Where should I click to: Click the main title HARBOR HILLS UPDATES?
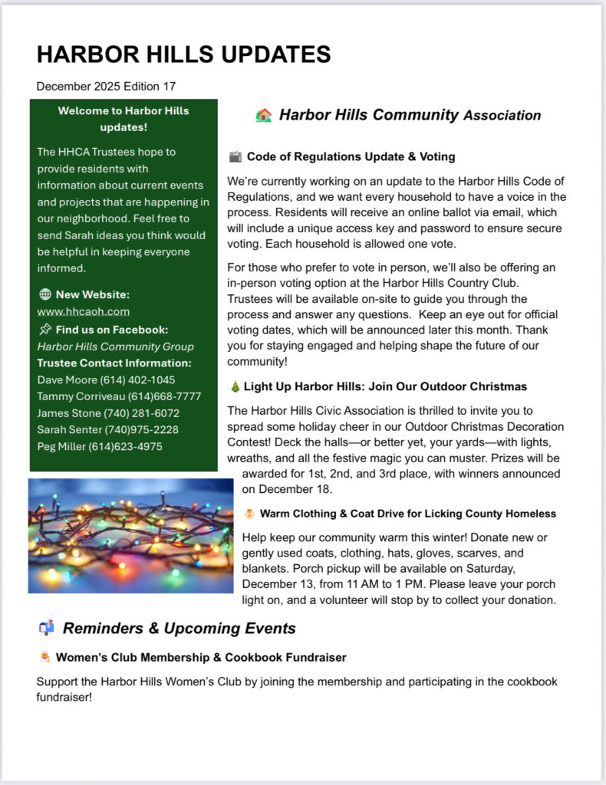pyautogui.click(x=184, y=54)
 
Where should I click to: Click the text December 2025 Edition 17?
pyautogui.click(x=106, y=86)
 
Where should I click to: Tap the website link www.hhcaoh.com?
pyautogui.click(x=84, y=311)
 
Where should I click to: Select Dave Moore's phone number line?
pyautogui.click(x=106, y=379)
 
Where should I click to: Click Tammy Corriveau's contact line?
pyautogui.click(x=119, y=396)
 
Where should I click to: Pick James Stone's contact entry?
pyautogui.click(x=108, y=413)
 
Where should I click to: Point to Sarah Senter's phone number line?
pyautogui.click(x=107, y=429)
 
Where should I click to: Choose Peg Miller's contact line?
pyautogui.click(x=100, y=446)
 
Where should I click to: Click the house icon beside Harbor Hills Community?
pyautogui.click(x=264, y=116)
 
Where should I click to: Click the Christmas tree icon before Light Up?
pyautogui.click(x=235, y=387)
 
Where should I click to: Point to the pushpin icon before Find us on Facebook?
pyautogui.click(x=44, y=330)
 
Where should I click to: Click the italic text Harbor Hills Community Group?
pyautogui.click(x=115, y=347)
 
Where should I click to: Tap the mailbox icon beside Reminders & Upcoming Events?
pyautogui.click(x=46, y=629)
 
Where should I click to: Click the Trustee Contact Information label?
pyautogui.click(x=114, y=363)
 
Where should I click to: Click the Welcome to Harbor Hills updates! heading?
pyautogui.click(x=124, y=119)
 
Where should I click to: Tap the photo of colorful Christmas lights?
pyautogui.click(x=130, y=536)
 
